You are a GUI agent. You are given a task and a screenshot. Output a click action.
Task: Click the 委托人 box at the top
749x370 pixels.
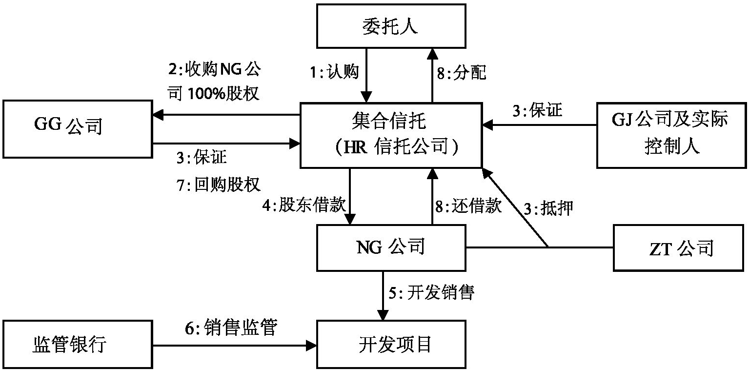390,26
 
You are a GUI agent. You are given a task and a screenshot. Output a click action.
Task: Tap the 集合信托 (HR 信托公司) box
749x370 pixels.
390,135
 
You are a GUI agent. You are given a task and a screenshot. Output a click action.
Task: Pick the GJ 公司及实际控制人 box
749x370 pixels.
671,134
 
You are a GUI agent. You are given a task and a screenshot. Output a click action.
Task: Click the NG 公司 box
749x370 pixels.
390,247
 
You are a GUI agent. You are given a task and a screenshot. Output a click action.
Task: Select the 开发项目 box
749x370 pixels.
390,344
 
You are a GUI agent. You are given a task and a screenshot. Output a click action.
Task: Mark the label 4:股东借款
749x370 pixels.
304,206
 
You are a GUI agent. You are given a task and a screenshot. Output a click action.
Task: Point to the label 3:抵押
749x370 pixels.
547,208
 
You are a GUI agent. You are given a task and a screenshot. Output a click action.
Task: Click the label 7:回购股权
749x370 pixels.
220,185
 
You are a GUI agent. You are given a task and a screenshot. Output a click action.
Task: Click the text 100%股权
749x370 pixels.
227,94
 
